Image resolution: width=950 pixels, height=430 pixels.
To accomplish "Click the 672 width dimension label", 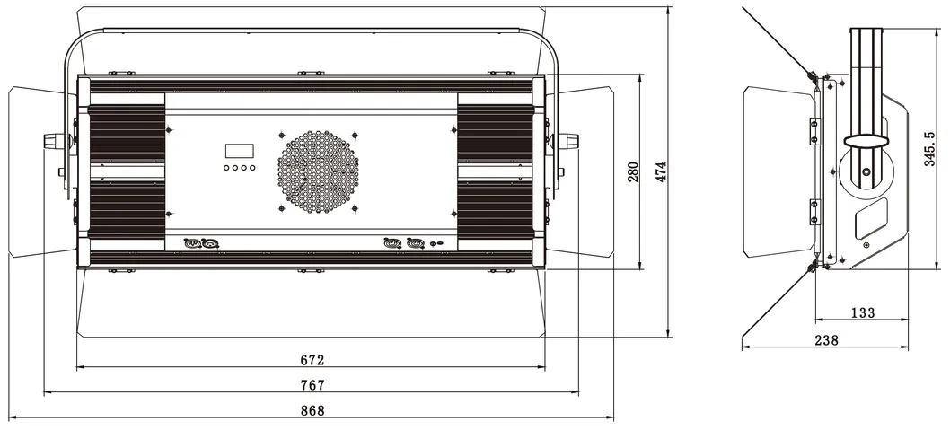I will (x=312, y=360).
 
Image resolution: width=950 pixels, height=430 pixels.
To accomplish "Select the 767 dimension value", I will (x=312, y=385).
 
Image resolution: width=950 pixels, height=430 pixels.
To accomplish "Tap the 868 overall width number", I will (x=312, y=410).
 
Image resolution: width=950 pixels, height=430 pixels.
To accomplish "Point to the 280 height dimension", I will (x=632, y=172).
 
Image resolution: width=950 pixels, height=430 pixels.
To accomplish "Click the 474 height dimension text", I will (x=661, y=172).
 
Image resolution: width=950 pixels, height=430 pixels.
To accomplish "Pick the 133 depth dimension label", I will (x=861, y=312).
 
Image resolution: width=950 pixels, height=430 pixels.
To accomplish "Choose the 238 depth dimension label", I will (x=827, y=339).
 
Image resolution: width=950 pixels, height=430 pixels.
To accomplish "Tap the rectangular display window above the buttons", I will (x=239, y=151).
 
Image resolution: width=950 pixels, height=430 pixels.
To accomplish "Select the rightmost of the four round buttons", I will (x=252, y=168).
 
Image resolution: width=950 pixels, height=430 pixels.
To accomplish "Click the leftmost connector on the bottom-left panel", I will (x=190, y=242).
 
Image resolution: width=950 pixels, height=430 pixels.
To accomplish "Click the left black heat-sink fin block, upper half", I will (x=127, y=134).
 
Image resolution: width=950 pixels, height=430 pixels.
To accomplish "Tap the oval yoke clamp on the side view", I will (x=866, y=141).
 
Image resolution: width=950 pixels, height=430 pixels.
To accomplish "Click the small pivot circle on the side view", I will (x=866, y=171).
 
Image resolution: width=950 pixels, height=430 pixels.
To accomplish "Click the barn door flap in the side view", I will (x=777, y=171).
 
